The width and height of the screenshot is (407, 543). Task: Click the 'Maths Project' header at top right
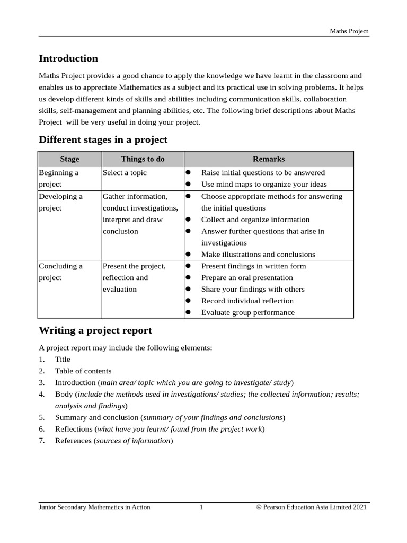click(349, 31)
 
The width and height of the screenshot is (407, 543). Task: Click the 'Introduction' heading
click(68, 58)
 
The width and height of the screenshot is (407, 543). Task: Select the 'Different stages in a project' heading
click(103, 139)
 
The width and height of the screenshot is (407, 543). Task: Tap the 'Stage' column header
click(69, 159)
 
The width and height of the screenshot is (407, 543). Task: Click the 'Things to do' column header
click(143, 159)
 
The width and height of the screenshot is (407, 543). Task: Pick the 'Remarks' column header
click(269, 159)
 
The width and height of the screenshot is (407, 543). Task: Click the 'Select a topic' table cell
click(125, 173)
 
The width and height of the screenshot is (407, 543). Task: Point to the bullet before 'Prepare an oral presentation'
click(188, 278)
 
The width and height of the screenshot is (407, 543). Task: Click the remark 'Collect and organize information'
click(255, 220)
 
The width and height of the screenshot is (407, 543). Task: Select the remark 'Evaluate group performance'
click(247, 312)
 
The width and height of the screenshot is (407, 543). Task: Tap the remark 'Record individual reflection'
click(247, 301)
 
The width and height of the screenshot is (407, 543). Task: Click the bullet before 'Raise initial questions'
click(188, 173)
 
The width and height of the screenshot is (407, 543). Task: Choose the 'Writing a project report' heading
click(95, 330)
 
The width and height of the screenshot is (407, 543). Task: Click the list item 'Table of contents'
click(83, 371)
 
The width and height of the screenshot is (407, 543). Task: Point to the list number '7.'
click(42, 441)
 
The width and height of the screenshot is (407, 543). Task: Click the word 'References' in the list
click(73, 441)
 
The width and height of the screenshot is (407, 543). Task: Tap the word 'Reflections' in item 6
click(74, 429)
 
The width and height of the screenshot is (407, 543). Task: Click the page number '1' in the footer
click(201, 507)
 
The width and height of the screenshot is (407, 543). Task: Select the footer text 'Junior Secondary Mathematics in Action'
click(94, 507)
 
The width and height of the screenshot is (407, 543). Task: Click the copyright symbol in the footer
click(259, 507)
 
